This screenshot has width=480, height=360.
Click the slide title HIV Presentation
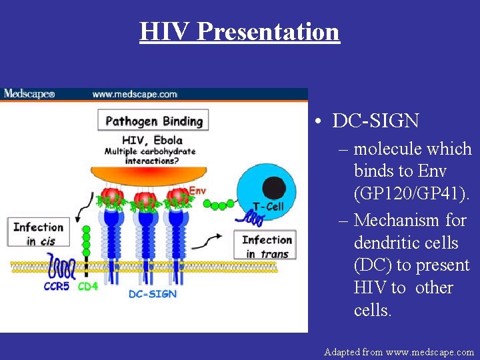(239, 31)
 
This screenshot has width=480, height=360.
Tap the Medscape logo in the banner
(29, 94)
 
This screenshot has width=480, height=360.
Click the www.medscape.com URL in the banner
(135, 94)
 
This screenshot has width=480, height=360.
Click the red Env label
(197, 191)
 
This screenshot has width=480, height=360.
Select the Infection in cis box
(38, 233)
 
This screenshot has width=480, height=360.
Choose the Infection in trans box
(266, 246)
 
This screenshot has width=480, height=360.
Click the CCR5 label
(57, 287)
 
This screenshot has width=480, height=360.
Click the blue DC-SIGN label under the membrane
(152, 294)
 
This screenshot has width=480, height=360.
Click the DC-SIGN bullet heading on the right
(375, 121)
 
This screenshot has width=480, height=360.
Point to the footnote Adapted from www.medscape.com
(399, 351)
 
